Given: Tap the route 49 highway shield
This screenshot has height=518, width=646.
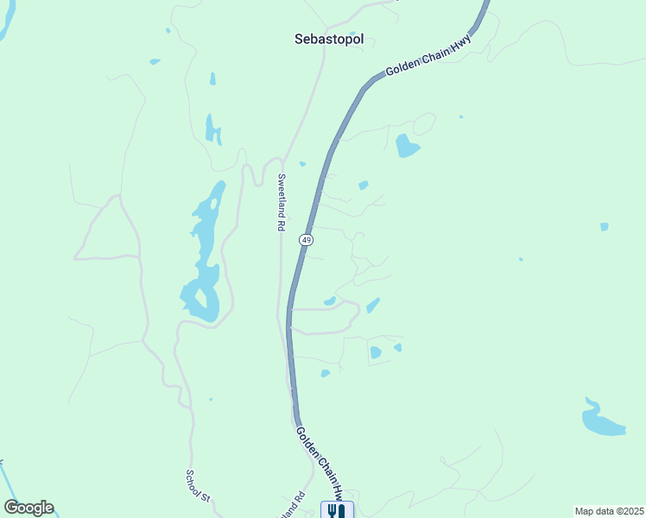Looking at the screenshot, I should pyautogui.click(x=307, y=239).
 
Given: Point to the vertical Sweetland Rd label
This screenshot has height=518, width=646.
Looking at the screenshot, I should pyautogui.click(x=281, y=202).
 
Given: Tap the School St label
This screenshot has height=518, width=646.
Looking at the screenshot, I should pyautogui.click(x=198, y=486).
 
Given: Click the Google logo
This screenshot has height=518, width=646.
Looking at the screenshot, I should pyautogui.click(x=28, y=508).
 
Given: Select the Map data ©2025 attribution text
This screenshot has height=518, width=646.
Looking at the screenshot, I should pyautogui.click(x=609, y=511).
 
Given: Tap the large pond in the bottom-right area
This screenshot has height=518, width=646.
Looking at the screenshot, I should pyautogui.click(x=602, y=420).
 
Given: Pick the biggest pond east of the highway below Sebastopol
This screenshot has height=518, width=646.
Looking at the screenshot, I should pyautogui.click(x=406, y=145).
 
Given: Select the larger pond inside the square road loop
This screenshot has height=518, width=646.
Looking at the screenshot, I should pyautogui.click(x=376, y=352).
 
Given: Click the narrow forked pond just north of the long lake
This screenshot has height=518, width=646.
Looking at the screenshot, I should pyautogui.click(x=212, y=129).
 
